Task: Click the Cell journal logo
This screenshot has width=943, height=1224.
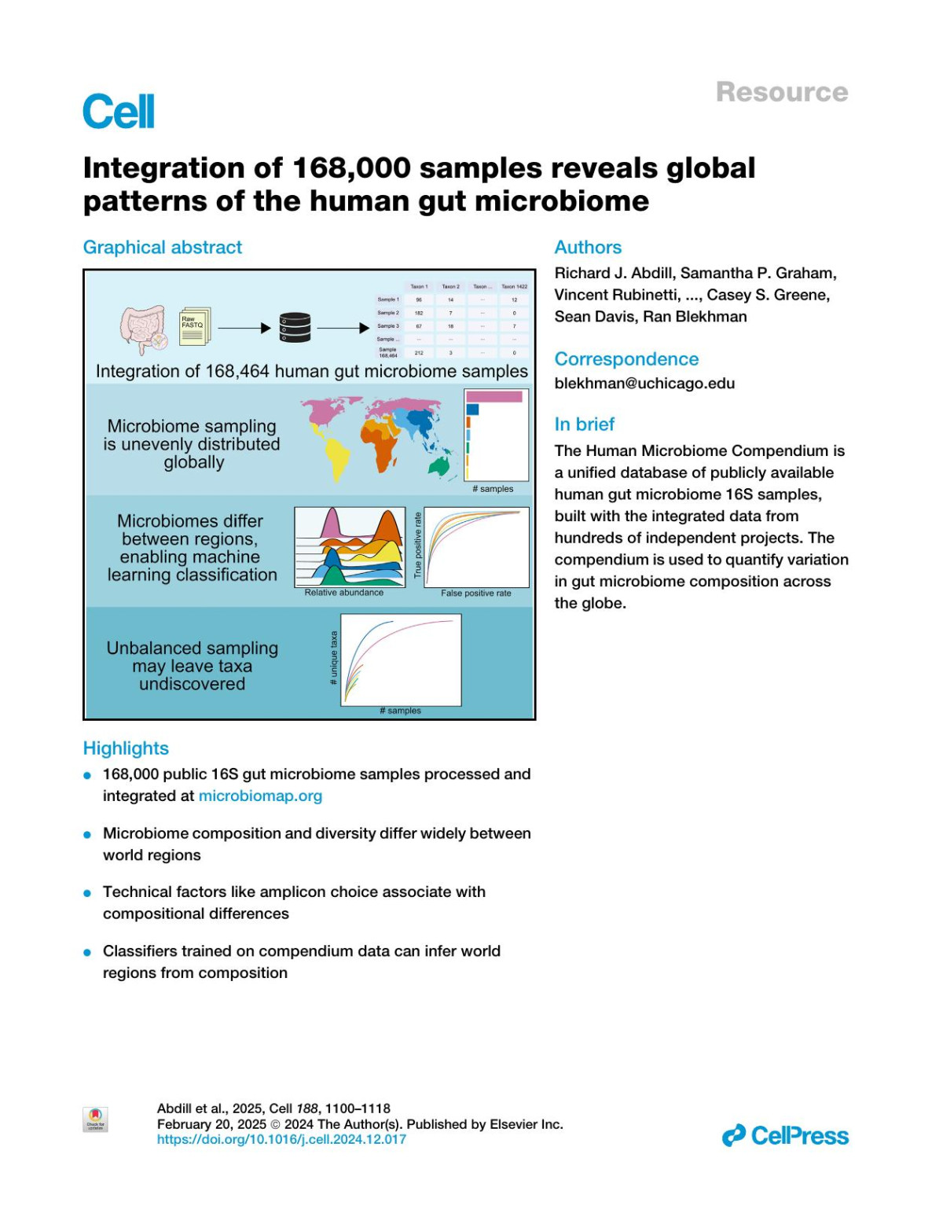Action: pos(119,112)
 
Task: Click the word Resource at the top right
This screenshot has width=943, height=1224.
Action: pos(781,92)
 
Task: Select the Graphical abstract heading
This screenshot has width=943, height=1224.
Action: pos(163,248)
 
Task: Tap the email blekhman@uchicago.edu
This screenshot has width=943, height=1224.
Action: pos(644,384)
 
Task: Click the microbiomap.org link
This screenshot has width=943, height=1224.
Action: pos(260,796)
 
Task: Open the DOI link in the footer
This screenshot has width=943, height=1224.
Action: pos(281,1139)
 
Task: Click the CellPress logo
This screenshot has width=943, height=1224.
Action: pos(785,1136)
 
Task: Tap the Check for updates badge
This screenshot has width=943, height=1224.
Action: pos(95,1119)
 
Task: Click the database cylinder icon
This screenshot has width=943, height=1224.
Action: pos(295,328)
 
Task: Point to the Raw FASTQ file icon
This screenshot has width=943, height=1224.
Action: pos(194,325)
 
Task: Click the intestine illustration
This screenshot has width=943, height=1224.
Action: pos(143,329)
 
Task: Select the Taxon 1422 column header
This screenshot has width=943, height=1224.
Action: pos(514,287)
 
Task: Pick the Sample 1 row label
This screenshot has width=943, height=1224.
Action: pos(387,300)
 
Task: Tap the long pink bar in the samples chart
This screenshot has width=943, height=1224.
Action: pos(494,396)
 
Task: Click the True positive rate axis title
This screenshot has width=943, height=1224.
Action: pos(418,546)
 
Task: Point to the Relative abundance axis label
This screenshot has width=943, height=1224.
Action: pos(344,593)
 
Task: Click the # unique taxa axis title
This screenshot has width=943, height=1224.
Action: pos(334,658)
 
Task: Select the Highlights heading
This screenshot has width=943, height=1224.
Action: pos(126,748)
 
